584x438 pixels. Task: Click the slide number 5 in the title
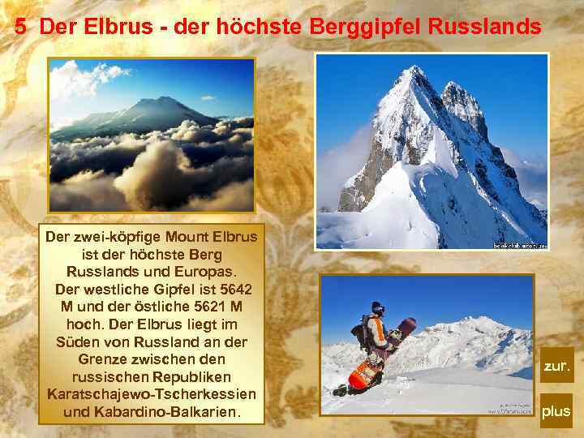pos(20,27)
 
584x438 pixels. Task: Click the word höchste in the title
pos(260,27)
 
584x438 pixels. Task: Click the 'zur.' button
pos(556,366)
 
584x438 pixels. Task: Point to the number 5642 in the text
pos(234,290)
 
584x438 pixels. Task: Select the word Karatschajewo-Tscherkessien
pos(152,395)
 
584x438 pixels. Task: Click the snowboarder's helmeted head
pos(377,309)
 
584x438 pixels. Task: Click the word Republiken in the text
pos(191,377)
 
